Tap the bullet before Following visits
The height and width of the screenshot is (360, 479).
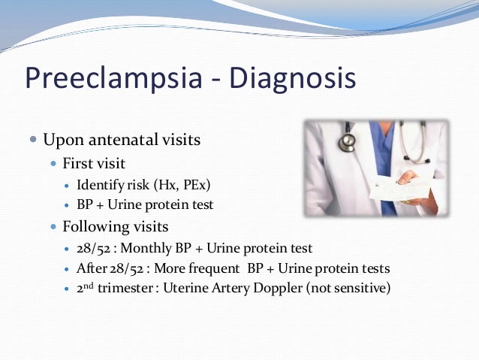53,225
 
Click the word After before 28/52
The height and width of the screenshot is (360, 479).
91,268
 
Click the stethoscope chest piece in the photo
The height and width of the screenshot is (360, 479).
348,141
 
